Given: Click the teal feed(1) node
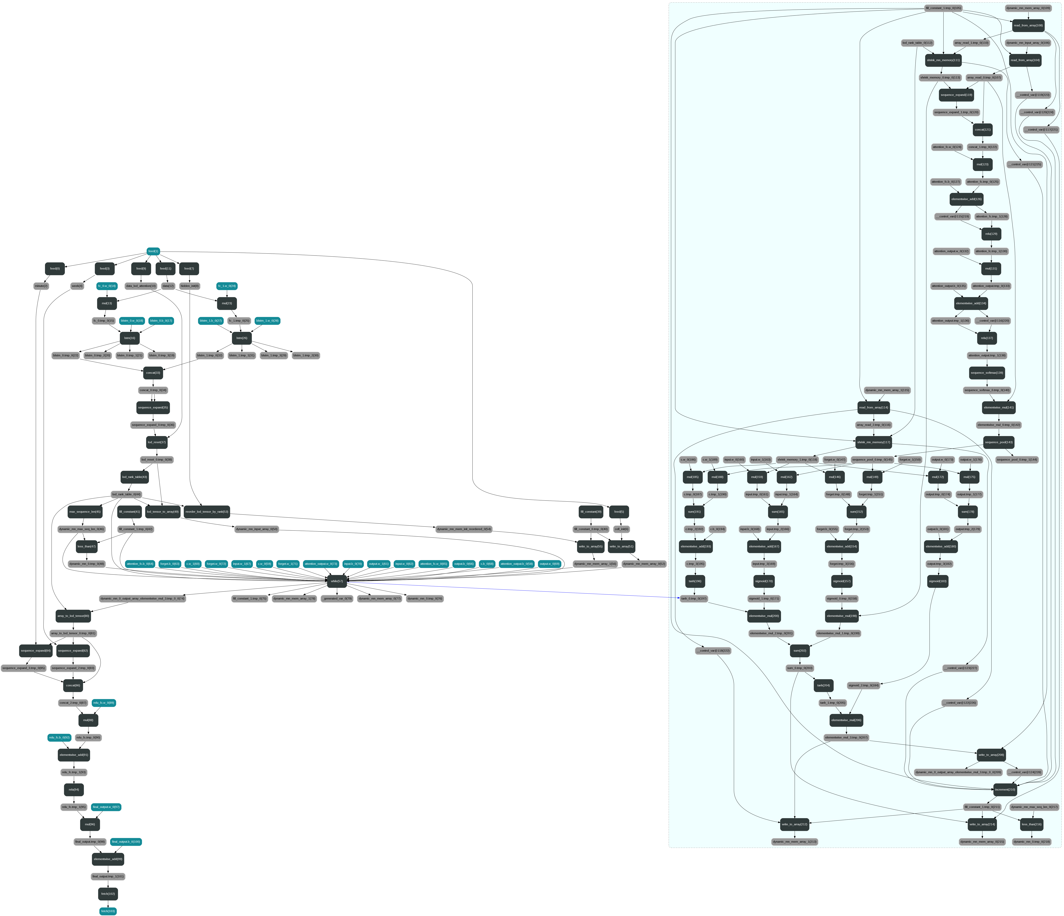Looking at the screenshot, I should [x=153, y=251].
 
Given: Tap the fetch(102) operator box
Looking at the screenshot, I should [x=108, y=894].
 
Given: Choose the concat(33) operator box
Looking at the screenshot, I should [x=153, y=373].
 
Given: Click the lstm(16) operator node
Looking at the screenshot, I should [x=129, y=338].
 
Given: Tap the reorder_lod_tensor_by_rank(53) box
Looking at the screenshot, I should [x=206, y=512].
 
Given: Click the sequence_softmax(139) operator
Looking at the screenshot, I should [x=986, y=373].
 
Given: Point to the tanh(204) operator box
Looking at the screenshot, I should [x=824, y=685].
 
